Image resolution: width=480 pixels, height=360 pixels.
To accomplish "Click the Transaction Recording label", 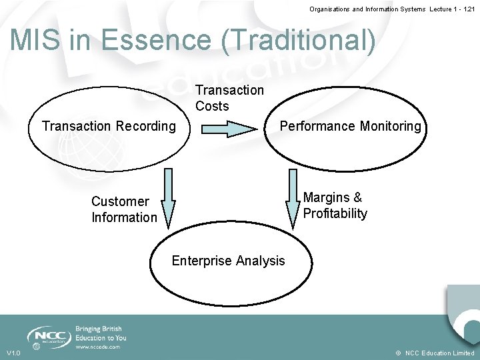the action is [109, 126].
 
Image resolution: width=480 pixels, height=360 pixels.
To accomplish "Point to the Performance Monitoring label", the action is [351, 126].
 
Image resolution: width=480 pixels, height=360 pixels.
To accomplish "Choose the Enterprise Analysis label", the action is [228, 261].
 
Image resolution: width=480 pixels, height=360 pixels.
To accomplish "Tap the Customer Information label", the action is [124, 209].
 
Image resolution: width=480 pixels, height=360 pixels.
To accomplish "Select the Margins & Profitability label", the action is [335, 205].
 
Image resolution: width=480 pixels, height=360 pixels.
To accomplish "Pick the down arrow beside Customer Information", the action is [168, 197].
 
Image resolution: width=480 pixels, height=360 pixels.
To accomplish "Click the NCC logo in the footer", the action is [49, 335].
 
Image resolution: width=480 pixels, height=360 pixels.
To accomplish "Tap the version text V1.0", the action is [13, 353].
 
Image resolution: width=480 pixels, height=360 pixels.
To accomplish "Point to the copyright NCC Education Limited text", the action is [434, 353].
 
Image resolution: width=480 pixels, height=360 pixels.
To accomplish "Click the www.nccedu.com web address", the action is [97, 347].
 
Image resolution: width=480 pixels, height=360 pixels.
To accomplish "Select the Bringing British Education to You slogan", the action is [100, 333].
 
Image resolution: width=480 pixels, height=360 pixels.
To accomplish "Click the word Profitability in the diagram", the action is [335, 213].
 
